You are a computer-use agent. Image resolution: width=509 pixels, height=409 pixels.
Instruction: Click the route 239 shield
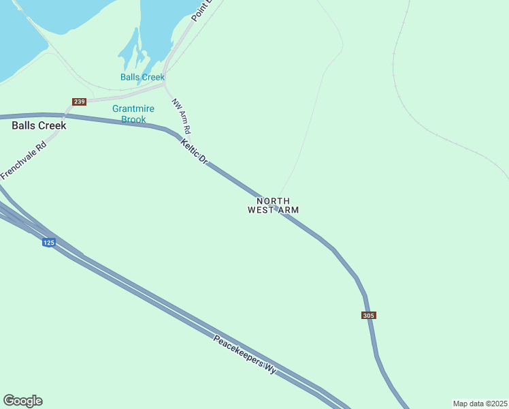(80, 102)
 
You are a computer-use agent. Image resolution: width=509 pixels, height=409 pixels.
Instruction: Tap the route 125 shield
(48, 243)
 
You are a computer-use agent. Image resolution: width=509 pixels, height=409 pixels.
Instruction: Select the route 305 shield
(369, 316)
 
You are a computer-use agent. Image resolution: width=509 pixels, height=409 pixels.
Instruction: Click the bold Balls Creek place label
(39, 125)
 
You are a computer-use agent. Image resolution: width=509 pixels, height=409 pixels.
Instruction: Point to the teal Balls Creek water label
(142, 77)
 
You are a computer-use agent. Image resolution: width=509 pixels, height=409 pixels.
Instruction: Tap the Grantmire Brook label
(133, 114)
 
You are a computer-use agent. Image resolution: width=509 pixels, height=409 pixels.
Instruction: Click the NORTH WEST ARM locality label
(273, 205)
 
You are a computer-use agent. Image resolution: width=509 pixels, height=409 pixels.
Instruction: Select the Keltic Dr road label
(194, 151)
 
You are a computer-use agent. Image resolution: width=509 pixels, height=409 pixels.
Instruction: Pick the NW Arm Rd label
(181, 116)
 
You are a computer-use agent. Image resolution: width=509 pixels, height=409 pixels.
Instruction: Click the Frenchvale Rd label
(24, 160)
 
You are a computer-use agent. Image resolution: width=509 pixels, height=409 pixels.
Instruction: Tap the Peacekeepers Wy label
(245, 354)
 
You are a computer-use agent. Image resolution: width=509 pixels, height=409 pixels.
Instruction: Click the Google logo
(22, 401)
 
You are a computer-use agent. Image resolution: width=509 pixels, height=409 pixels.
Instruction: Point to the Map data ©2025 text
(480, 404)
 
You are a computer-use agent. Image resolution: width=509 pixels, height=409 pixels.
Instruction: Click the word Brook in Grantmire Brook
(133, 119)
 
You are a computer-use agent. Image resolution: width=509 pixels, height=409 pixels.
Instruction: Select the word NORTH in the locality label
(273, 201)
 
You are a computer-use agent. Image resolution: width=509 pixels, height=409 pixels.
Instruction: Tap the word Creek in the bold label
(52, 125)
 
